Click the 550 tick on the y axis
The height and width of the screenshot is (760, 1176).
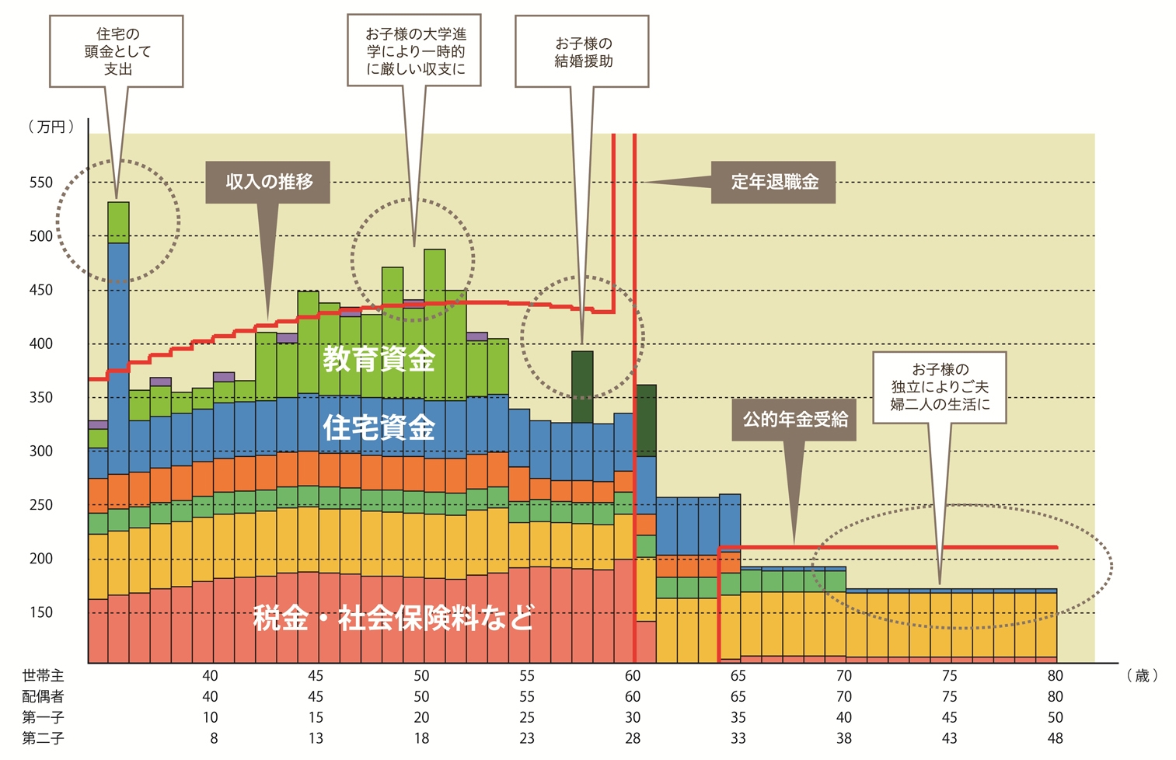41,183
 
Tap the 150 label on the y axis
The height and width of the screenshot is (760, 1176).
41,612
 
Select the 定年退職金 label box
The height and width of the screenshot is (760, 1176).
773,183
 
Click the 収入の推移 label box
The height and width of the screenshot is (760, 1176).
268,183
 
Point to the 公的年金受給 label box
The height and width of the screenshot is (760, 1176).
794,420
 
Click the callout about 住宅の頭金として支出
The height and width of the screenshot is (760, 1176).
117,51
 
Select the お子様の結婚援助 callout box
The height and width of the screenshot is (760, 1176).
582,52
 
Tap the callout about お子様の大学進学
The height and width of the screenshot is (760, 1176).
415,51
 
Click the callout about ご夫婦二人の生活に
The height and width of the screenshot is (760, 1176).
940,387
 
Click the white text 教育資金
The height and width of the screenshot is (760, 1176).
379,360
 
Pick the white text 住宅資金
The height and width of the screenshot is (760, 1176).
379,427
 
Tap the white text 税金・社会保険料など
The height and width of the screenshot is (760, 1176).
393,619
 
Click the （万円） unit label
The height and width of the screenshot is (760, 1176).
51,127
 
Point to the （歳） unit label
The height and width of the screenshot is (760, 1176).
1142,676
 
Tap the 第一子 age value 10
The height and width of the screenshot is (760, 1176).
210,717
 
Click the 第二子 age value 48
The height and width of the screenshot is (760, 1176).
1055,738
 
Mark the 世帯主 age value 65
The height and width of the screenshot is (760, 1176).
738,676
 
